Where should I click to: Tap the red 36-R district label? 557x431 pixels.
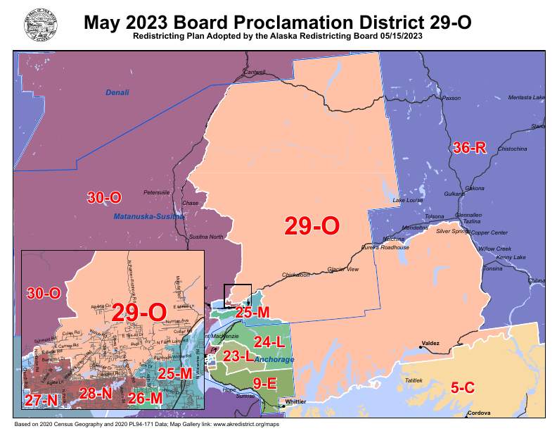pos(469,148)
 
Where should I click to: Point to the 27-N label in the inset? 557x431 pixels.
pos(41,400)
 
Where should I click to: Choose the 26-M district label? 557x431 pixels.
pos(146,397)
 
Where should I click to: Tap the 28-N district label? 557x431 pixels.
pos(96,393)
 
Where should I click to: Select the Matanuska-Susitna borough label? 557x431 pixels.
pos(149,217)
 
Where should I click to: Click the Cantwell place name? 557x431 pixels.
pos(254,73)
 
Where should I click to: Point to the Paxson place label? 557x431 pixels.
pos(450,99)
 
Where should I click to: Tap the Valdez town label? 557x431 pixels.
pos(430,344)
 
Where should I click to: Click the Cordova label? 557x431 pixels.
pos(478,413)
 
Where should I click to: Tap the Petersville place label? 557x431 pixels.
pos(156,192)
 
